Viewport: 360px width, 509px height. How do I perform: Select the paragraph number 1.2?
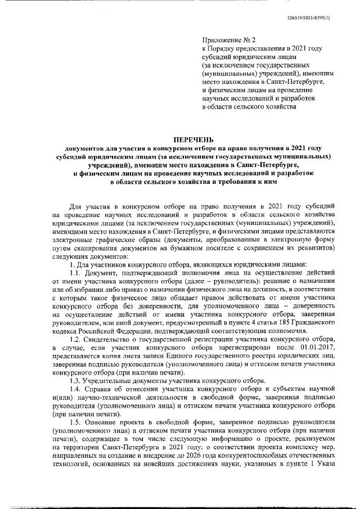click(x=76, y=340)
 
